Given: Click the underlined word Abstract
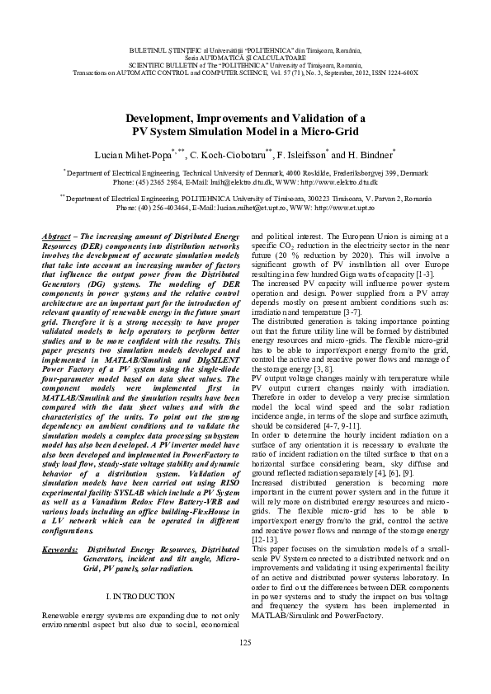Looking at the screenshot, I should coord(58,237).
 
